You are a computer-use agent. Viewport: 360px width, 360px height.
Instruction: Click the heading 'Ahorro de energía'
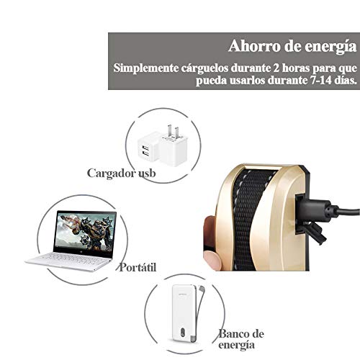292,46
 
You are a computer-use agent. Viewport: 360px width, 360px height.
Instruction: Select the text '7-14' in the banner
319,80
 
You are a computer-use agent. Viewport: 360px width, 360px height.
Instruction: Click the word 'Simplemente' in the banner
146,68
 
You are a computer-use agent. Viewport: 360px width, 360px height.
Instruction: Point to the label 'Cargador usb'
121,173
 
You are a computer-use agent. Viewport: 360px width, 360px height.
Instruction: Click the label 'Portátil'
138,267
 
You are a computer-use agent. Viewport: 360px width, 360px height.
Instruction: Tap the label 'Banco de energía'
240,339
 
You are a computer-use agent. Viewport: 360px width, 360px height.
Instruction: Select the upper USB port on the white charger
146,147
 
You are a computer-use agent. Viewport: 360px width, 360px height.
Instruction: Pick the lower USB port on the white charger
146,153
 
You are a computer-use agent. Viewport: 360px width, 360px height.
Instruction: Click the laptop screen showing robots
84,232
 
